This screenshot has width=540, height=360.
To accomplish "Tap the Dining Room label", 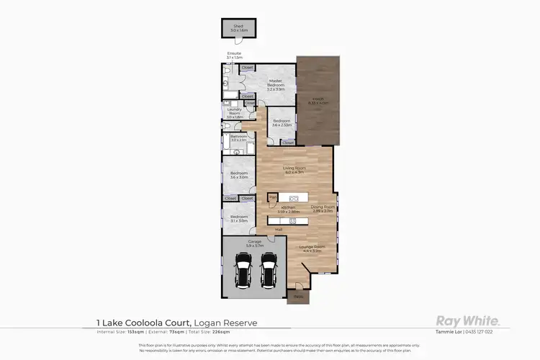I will point(323,207).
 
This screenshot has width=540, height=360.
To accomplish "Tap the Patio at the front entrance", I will point(297,295).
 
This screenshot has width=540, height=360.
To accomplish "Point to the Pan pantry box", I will point(272,196).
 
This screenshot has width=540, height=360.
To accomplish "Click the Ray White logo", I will point(464,321).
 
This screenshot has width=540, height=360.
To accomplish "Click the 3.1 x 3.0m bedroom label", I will point(238,219).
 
